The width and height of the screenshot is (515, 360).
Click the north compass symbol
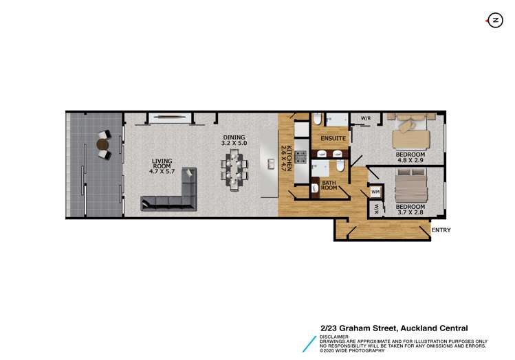click(494, 21)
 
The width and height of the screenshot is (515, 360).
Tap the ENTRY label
click(441, 230)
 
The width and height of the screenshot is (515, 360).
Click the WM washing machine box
click(375, 192)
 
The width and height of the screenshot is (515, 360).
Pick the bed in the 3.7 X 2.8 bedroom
click(411, 185)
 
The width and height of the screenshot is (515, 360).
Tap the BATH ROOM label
click(329, 185)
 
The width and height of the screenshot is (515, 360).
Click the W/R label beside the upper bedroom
click(366, 118)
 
